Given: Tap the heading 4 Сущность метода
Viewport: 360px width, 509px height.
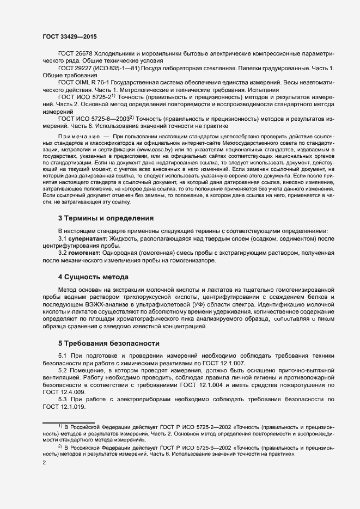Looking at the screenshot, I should point(93,277).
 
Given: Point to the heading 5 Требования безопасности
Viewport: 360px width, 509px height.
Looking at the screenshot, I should point(108,344).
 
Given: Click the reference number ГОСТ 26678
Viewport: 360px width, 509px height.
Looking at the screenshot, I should point(75,56).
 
